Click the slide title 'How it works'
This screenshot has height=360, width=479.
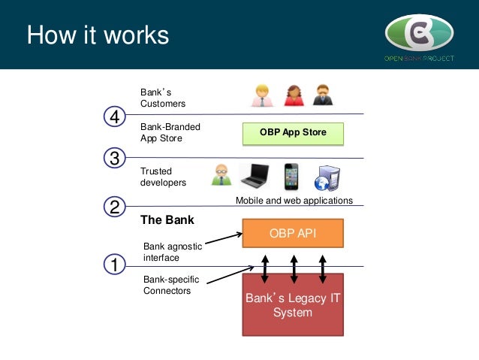point(98,35)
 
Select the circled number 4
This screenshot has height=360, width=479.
point(114,118)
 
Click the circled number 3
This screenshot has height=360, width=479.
point(114,159)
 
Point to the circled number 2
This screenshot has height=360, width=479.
point(114,207)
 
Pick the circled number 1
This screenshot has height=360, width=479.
point(114,265)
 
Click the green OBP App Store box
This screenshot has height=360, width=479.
point(293,133)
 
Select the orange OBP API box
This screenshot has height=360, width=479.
point(293,233)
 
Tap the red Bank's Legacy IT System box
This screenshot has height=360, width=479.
point(293,304)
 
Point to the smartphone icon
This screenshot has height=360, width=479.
point(292,176)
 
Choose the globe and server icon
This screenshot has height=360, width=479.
point(328,177)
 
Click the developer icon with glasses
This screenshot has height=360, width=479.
point(221,175)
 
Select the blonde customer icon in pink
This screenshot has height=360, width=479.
point(262,95)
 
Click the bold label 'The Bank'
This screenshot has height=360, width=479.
point(167,220)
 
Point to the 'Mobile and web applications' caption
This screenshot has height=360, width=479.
point(294,201)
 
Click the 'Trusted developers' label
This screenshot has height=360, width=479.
point(163,177)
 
